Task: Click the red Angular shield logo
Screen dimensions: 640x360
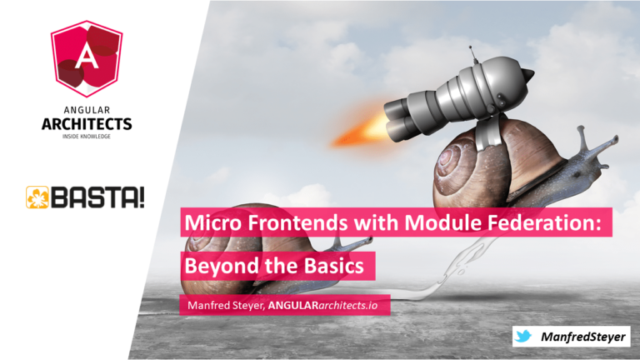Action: point(87,59)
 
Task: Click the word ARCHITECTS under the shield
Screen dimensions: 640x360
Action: point(87,123)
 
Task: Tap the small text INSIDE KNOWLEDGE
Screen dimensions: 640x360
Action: point(87,137)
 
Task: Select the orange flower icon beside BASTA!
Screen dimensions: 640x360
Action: point(37,197)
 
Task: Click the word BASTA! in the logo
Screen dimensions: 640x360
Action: point(97,197)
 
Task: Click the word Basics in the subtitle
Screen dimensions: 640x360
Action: point(334,266)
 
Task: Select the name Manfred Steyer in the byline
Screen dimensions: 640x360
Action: point(226,305)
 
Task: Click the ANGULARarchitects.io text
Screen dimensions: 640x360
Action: point(322,305)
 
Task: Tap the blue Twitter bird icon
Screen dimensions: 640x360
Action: point(523,336)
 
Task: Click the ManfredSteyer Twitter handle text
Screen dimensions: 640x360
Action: point(582,337)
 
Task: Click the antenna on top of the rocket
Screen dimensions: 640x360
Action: point(473,54)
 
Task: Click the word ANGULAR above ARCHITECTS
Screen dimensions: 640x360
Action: point(87,110)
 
